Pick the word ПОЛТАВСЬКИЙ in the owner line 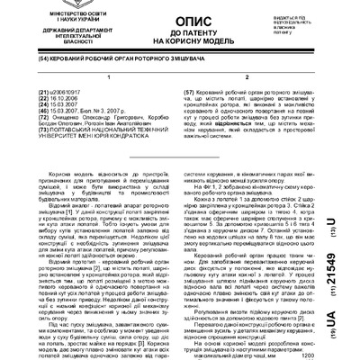click(x=56, y=155)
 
